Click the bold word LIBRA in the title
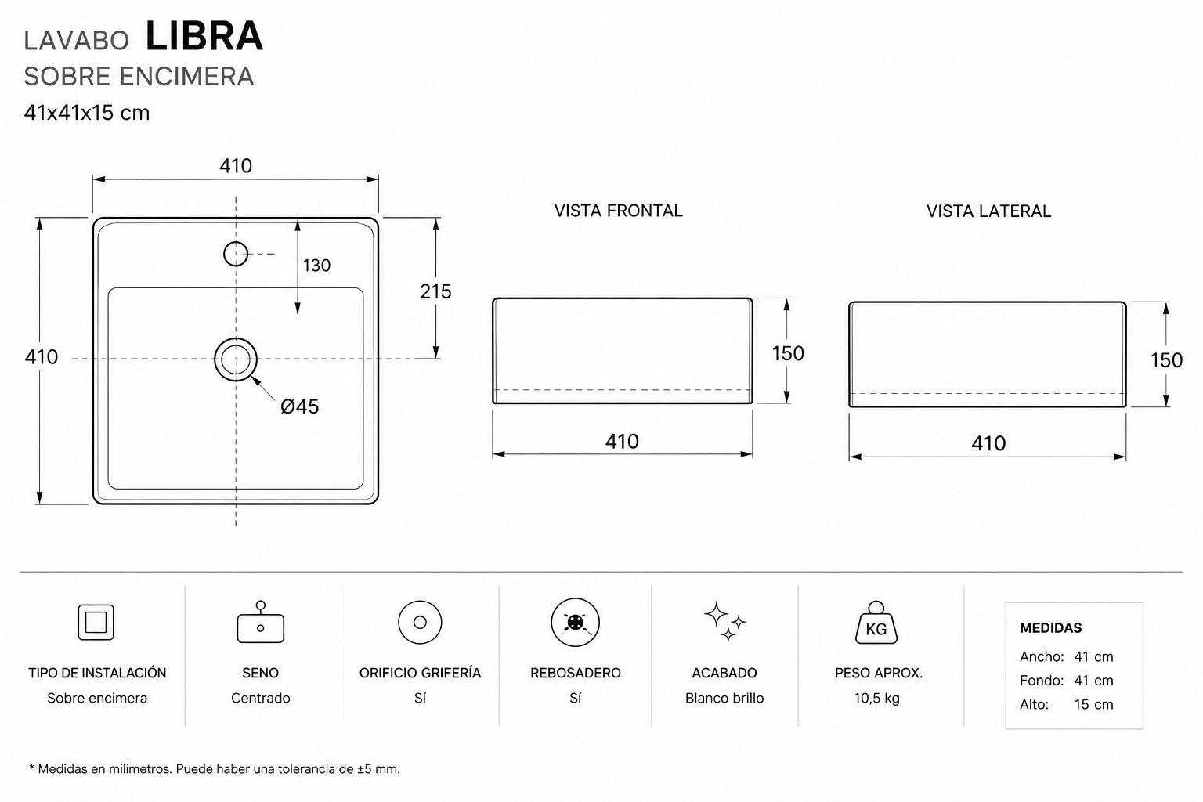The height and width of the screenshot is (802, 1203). coord(204,36)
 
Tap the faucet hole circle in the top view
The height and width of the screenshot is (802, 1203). coord(236,243)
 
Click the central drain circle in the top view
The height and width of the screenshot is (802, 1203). coord(236,338)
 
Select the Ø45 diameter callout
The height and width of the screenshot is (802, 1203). coord(300,406)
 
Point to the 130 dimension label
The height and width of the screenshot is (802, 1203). coord(316,266)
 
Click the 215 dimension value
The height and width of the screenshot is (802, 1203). coord(435,291)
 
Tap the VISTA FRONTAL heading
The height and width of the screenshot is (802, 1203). coord(618,211)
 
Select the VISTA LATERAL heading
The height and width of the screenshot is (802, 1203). coord(988,211)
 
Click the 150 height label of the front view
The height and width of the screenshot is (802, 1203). coord(788,353)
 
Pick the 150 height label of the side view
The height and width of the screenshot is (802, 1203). coord(1166,360)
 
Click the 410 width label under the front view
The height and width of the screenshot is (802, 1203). coord(622,442)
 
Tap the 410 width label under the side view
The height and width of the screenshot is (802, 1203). coord(988,444)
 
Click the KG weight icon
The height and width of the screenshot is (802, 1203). coord(876,623)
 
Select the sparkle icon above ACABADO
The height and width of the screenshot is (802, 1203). coord(724,622)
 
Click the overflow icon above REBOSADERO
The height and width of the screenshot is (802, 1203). coord(575,622)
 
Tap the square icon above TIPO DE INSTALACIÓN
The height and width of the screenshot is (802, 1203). coord(96,622)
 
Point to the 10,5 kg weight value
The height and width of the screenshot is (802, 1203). coord(876,699)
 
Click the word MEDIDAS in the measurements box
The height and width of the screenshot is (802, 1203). coord(1050,628)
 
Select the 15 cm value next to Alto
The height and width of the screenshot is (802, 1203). coord(1093,704)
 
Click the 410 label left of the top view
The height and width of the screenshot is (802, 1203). coord(42,357)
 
